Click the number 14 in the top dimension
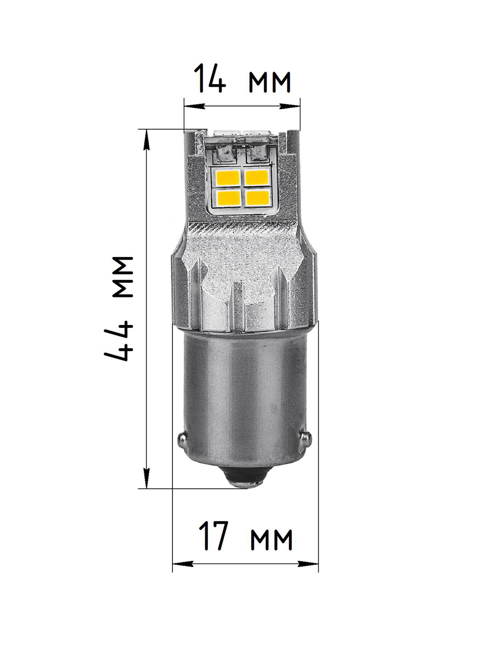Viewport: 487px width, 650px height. [x=210, y=78]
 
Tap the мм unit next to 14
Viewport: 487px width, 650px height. [x=269, y=82]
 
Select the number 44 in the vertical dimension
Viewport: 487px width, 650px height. [x=119, y=341]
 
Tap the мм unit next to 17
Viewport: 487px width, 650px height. [x=271, y=539]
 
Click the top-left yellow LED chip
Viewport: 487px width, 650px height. [x=228, y=178]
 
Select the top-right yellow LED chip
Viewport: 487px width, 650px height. [x=256, y=178]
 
